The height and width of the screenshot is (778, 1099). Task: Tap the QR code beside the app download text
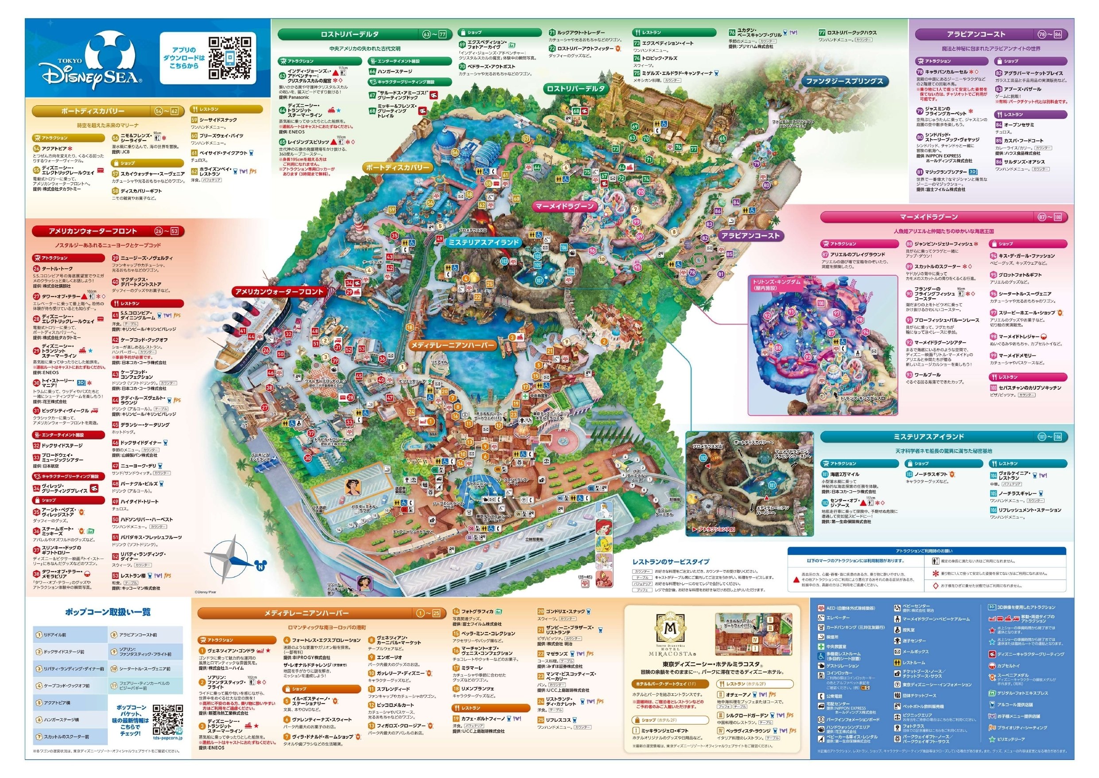point(231,58)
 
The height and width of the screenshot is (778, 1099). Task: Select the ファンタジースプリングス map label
point(844,82)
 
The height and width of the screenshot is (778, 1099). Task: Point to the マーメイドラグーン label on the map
point(565,207)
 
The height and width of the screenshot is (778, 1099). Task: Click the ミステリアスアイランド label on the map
point(483,242)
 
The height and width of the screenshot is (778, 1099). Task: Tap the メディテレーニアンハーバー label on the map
point(452,345)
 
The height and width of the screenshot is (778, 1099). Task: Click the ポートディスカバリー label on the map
point(397,168)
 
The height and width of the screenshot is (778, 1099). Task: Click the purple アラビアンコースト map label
point(750,236)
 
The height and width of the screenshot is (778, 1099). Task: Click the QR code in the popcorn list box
point(167,719)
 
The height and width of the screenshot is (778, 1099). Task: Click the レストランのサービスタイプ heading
point(671,562)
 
